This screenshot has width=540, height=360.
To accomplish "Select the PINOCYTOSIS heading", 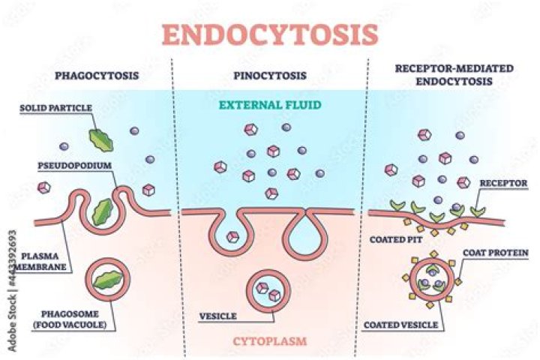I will point(270,75).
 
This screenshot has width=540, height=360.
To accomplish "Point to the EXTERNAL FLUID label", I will point(270,106).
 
